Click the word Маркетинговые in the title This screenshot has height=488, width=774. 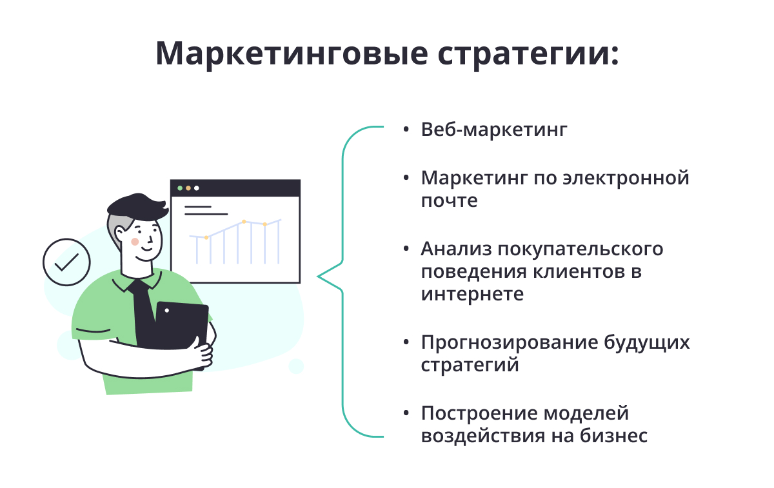[x=292, y=54]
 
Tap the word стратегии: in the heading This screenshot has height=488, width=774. [x=528, y=55]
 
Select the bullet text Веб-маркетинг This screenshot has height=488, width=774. [x=494, y=130]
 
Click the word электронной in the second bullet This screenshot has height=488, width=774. [x=626, y=178]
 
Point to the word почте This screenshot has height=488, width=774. [x=449, y=200]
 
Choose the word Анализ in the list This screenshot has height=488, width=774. [x=456, y=249]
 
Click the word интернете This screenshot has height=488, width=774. [x=472, y=294]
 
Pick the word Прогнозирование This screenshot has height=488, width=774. [x=510, y=343]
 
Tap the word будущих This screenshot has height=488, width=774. [x=647, y=343]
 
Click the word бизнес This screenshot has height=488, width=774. [x=613, y=435]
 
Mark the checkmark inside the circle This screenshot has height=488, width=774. [x=67, y=263]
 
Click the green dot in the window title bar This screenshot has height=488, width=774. [x=180, y=188]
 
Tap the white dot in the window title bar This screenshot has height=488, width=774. [x=197, y=188]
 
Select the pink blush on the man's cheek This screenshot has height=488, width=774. [x=135, y=241]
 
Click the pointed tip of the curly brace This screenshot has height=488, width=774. [x=318, y=277]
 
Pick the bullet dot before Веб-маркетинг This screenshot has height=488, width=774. [x=406, y=130]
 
